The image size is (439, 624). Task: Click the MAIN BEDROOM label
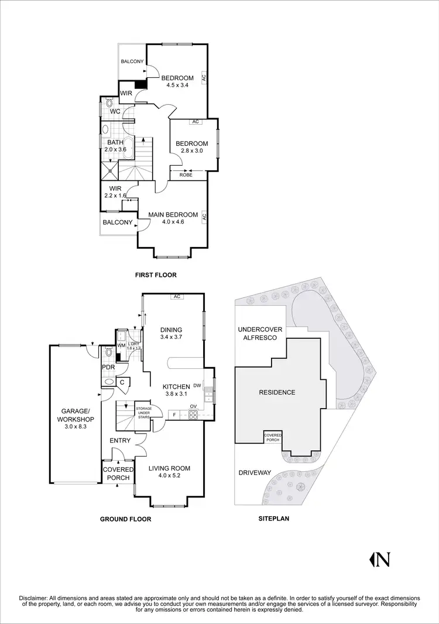(x=173, y=215)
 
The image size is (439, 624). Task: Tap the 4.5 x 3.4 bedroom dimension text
(x=177, y=86)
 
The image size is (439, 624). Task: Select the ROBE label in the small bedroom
(x=186, y=174)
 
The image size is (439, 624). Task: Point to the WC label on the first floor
(x=115, y=111)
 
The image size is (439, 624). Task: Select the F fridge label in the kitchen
(x=173, y=416)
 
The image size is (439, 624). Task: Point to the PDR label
(x=108, y=367)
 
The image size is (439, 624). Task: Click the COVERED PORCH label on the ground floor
(x=118, y=474)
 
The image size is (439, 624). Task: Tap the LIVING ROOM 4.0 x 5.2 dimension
(x=169, y=476)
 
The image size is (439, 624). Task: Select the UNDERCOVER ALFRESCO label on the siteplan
(x=260, y=334)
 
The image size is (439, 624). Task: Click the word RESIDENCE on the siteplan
(x=278, y=392)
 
